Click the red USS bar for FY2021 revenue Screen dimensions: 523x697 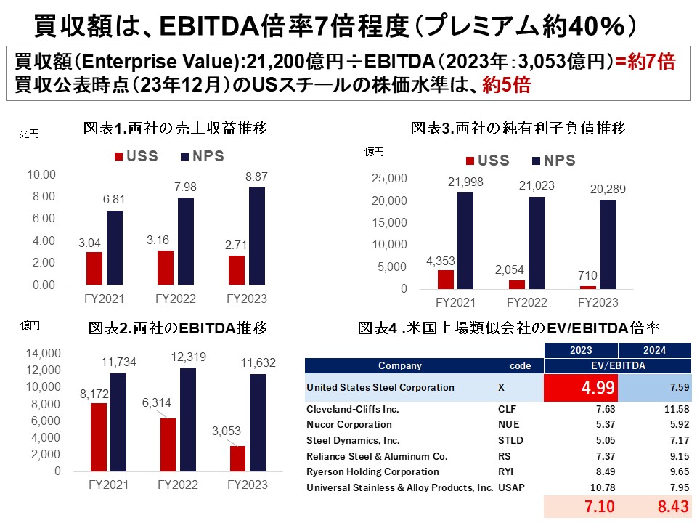94,268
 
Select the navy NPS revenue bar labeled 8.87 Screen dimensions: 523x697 258,236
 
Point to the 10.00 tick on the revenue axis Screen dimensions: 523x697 41,174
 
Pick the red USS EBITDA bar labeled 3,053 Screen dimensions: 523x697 237,458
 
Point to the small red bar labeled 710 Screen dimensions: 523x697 587,287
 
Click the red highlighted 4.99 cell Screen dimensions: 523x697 581,387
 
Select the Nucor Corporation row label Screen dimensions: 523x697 349,424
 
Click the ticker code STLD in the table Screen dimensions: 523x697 510,440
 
